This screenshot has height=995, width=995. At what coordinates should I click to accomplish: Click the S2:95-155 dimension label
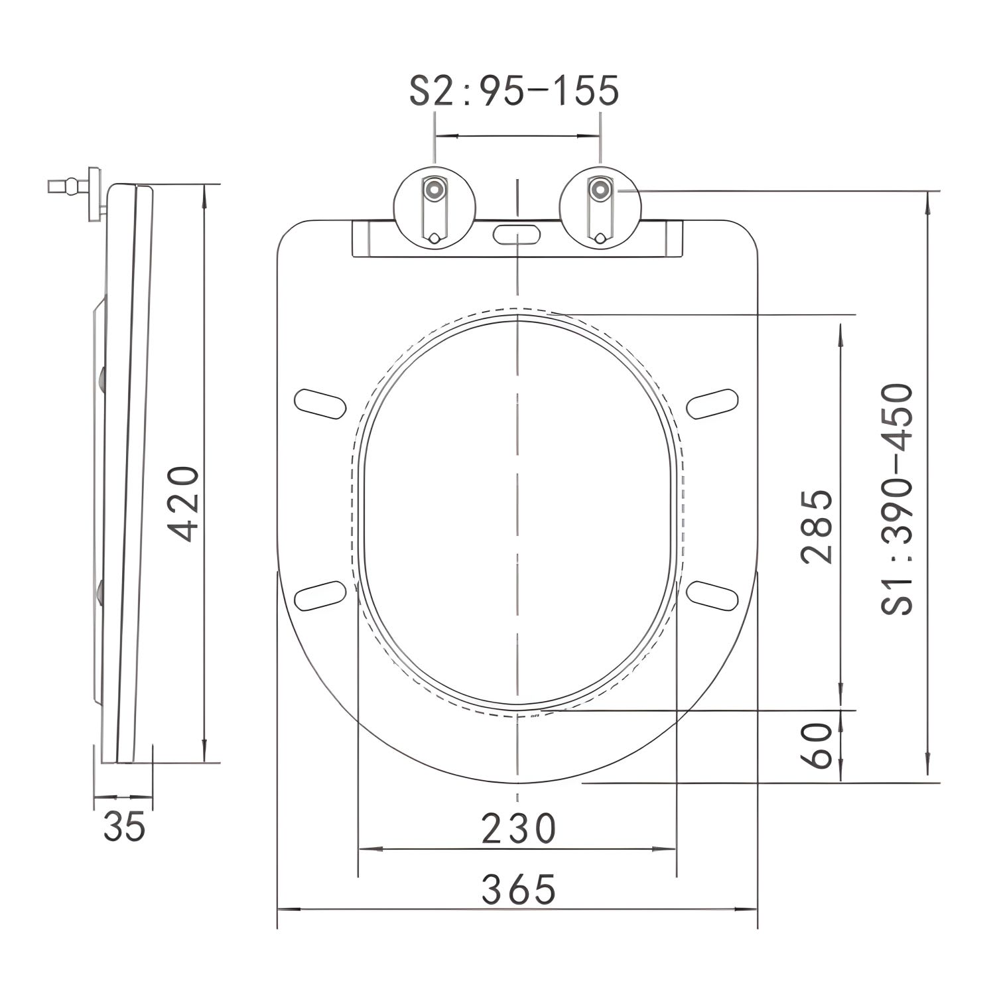pyautogui.click(x=514, y=91)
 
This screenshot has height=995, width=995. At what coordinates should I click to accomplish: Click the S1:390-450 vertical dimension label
pyautogui.click(x=898, y=499)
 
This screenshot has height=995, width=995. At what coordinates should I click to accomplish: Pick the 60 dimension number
pyautogui.click(x=817, y=745)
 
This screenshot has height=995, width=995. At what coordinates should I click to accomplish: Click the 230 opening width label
pyautogui.click(x=517, y=829)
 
